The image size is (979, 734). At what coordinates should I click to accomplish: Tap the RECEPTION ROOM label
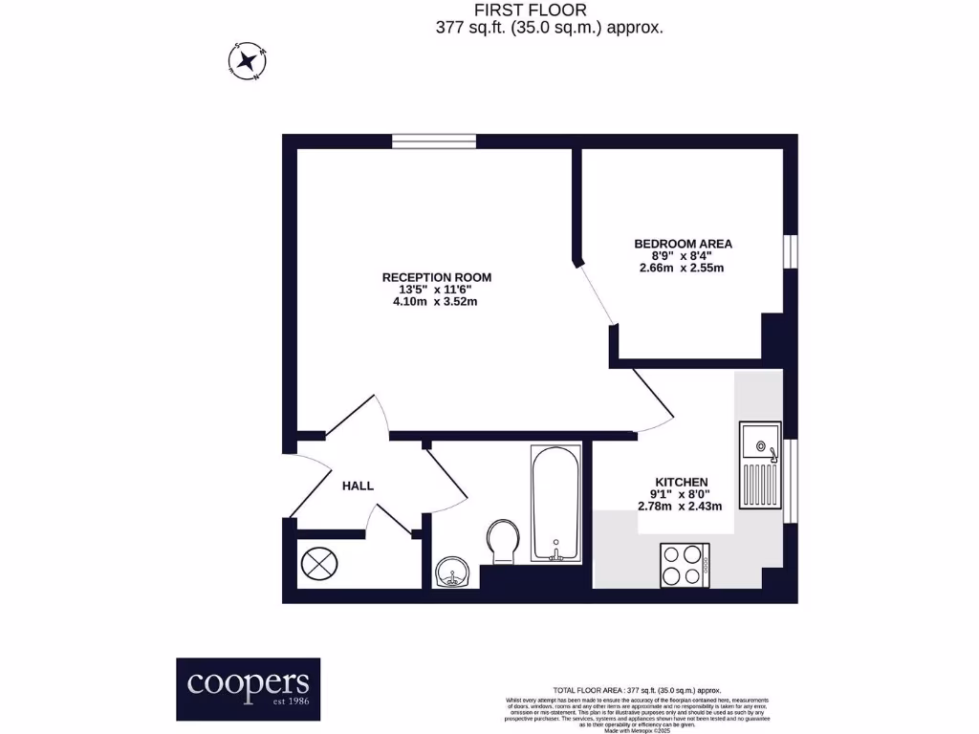pos(437,277)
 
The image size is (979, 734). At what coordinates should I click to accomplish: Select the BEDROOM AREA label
pos(683,244)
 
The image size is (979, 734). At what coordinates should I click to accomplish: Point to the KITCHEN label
pos(681,482)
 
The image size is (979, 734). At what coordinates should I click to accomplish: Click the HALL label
pos(358,486)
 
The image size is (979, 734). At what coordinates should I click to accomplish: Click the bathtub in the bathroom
pos(555,503)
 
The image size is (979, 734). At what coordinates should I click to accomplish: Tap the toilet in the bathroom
pos(503,539)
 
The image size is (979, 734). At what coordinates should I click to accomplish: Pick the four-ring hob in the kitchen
pos(684,565)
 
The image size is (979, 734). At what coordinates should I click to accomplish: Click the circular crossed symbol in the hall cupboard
pos(319,561)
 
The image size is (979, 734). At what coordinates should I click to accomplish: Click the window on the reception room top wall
pos(434,141)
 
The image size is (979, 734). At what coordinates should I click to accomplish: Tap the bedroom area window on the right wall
pos(790,250)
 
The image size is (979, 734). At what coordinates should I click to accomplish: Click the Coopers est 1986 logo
pos(248,688)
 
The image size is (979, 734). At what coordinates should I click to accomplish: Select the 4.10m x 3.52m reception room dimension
pos(437,302)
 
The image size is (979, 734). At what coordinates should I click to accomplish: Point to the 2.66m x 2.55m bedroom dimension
pos(683,268)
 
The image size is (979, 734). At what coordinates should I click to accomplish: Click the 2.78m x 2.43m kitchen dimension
pos(681,507)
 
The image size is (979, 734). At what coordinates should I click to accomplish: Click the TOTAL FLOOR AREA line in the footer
pos(636,690)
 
